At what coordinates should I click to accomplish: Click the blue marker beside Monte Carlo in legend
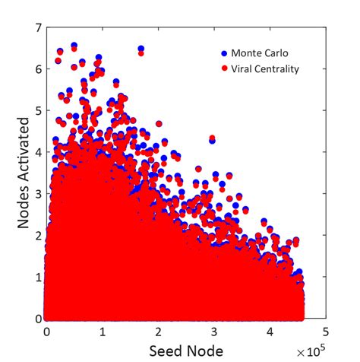[223, 54]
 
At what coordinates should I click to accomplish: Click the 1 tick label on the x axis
[103, 332]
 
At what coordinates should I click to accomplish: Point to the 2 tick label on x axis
[158, 332]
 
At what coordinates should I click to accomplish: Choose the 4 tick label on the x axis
[270, 332]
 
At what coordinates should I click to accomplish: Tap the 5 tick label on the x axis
[325, 332]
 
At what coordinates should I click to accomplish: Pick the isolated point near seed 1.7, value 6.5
[141, 51]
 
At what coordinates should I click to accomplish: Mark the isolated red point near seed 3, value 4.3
[212, 138]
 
